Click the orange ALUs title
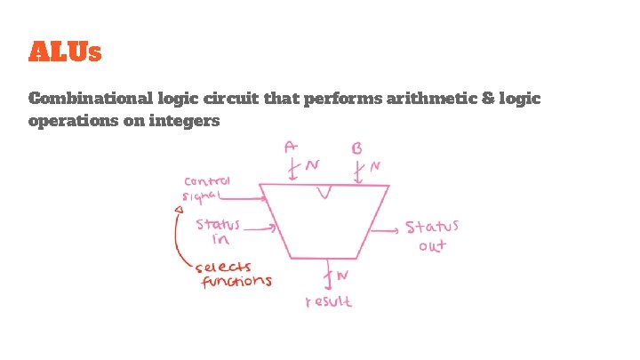point(65,52)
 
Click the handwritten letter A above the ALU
point(292,145)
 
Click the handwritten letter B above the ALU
point(356,146)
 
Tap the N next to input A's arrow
point(312,165)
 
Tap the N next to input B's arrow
point(375,165)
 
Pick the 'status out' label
point(433,236)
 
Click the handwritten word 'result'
point(328,301)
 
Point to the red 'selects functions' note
point(236,274)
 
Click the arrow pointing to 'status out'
point(384,230)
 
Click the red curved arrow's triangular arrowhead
point(178,210)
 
